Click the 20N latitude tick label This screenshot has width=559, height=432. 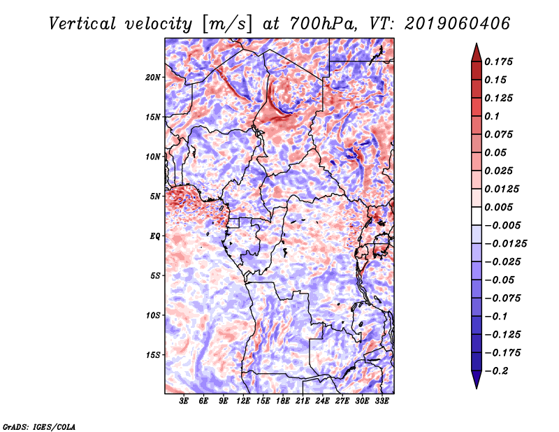point(153,78)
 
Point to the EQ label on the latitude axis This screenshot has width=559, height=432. point(155,236)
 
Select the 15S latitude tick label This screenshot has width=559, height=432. point(153,355)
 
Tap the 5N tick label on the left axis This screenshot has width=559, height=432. point(155,196)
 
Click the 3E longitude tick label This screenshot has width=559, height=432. point(184,401)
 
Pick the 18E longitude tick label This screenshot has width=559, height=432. point(283,401)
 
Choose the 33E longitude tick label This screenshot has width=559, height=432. point(382,401)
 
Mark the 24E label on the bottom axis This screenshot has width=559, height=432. point(322,401)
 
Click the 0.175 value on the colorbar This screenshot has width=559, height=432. point(498,62)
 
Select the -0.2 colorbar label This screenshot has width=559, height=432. point(497,371)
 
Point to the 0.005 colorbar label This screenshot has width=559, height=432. point(498,207)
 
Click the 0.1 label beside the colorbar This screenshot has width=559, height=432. point(492,116)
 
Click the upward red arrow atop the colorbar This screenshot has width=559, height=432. point(477,52)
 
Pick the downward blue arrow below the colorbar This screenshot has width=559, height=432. point(477,380)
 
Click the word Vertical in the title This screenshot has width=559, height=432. point(82,24)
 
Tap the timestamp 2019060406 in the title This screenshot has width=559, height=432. point(458,24)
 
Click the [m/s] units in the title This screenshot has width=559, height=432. point(227,24)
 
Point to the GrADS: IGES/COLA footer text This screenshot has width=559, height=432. point(39,426)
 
